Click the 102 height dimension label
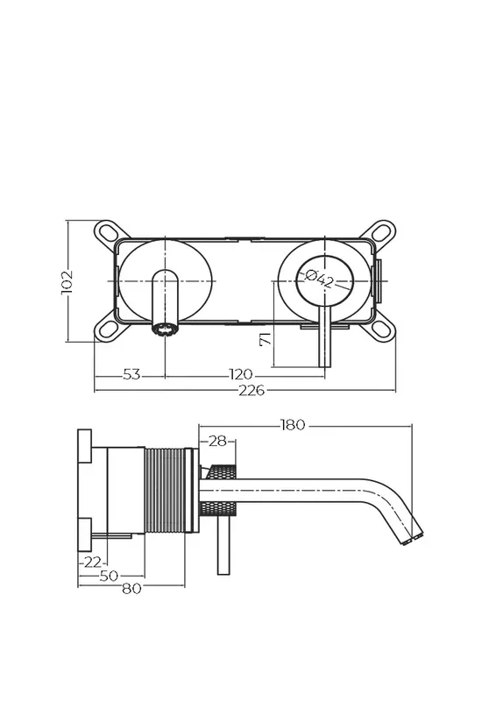click(67, 282)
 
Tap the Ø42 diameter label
click(319, 280)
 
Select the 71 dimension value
click(266, 338)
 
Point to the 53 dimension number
click(131, 374)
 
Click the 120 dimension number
click(241, 374)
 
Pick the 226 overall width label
click(252, 390)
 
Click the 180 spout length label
click(293, 425)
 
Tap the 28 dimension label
click(218, 442)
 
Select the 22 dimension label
click(93, 562)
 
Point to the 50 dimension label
click(109, 576)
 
